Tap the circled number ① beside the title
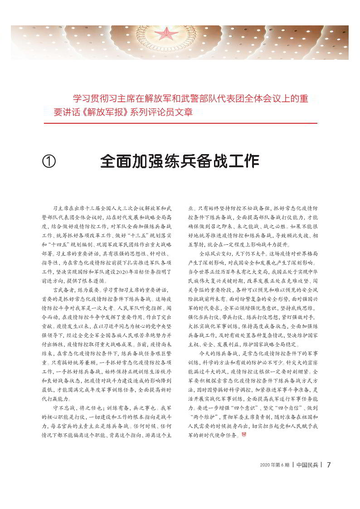49,161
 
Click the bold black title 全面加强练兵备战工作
180,161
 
